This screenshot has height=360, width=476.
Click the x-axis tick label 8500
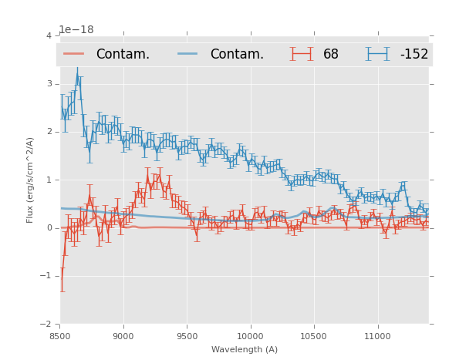click(60, 336)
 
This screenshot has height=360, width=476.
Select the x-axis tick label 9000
click(123, 336)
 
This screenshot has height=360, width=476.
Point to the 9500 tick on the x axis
click(187, 336)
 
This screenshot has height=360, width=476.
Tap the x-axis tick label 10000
click(251, 336)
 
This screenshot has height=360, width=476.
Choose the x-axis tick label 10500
click(314, 336)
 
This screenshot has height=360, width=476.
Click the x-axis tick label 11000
click(378, 336)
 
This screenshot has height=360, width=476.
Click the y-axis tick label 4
click(49, 36)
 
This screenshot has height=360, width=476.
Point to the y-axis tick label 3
click(49, 84)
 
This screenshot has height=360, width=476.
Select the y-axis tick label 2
click(49, 132)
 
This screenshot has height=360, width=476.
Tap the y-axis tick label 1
click(49, 180)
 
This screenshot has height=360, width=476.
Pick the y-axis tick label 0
click(49, 228)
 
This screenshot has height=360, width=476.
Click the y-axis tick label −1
click(46, 276)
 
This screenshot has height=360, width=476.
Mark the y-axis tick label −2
click(46, 324)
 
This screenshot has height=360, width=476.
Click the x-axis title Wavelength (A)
click(245, 349)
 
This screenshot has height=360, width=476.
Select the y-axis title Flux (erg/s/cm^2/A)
click(30, 180)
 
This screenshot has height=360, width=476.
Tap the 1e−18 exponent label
click(76, 30)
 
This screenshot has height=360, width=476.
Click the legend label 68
click(331, 55)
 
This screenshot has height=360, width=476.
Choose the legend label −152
click(414, 55)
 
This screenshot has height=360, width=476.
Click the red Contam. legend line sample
click(74, 54)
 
